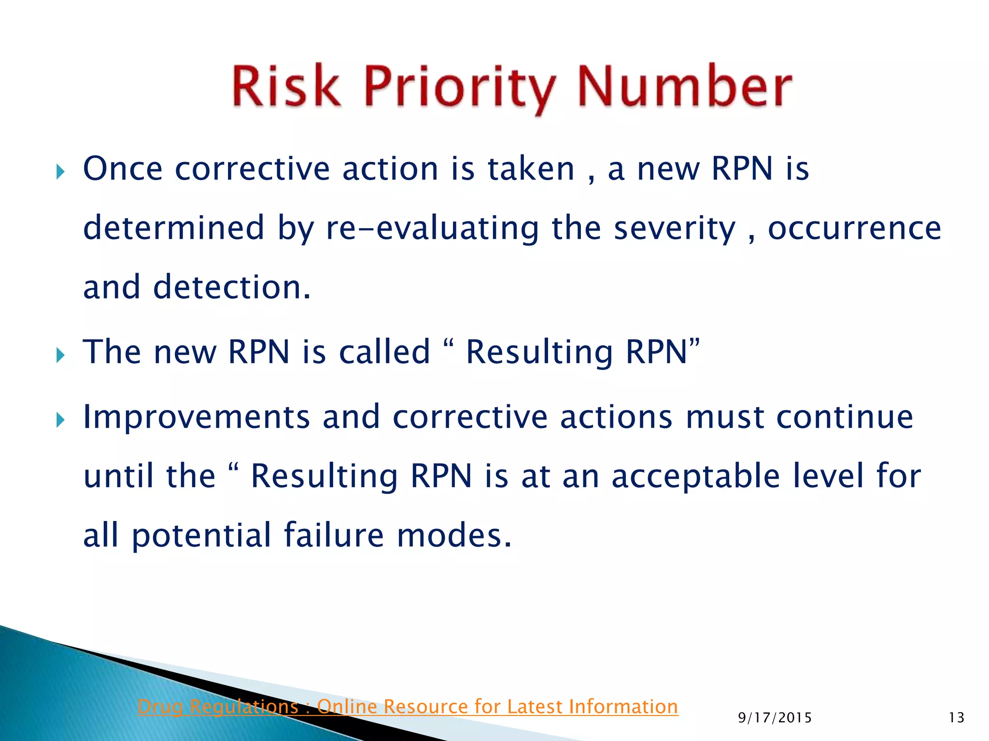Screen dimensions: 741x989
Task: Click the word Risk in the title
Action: coord(286,87)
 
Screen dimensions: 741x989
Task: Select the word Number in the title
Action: coord(684,87)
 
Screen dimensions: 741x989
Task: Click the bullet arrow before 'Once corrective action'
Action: coord(60,171)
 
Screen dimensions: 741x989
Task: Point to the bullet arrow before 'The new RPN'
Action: coord(60,356)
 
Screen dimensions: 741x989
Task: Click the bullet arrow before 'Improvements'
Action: coord(60,420)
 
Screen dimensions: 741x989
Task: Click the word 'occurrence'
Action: coord(854,228)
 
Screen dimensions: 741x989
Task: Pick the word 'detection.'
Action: coord(232,287)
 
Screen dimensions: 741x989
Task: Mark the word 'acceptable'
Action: coord(695,477)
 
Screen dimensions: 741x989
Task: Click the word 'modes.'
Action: coord(454,535)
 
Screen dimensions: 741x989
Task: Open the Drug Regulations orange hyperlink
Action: coord(408,706)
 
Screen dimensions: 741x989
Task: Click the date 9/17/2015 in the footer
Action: coord(775,718)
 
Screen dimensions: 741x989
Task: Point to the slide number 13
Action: coord(956,718)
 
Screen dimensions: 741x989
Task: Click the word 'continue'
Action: coord(845,417)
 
